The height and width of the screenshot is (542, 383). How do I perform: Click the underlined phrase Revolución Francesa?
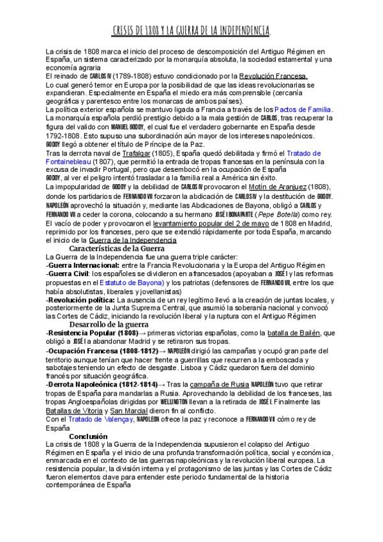pyautogui.click(x=274, y=76)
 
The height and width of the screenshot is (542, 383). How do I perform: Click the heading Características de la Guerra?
pyautogui.click(x=117, y=247)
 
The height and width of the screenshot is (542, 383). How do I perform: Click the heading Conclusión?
pyautogui.click(x=88, y=436)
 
